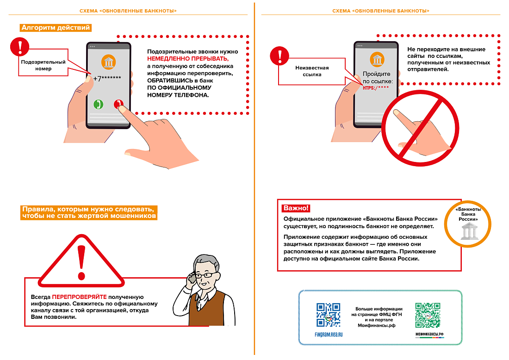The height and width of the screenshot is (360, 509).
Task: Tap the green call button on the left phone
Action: [x=98, y=104]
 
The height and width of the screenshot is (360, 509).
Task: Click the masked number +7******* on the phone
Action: [x=107, y=79]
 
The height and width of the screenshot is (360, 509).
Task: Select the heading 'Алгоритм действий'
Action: [x=56, y=28]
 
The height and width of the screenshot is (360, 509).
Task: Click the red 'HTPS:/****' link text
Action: [x=376, y=87]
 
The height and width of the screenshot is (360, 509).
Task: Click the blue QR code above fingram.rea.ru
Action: [x=328, y=315]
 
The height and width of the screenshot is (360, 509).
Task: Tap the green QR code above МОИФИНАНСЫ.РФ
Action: [x=427, y=315]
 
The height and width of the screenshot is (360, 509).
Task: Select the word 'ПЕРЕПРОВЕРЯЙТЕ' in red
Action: [x=79, y=297]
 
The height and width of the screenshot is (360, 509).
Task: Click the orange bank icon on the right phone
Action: [x=377, y=59]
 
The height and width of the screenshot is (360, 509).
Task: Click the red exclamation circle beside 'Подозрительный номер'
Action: [x=19, y=46]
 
